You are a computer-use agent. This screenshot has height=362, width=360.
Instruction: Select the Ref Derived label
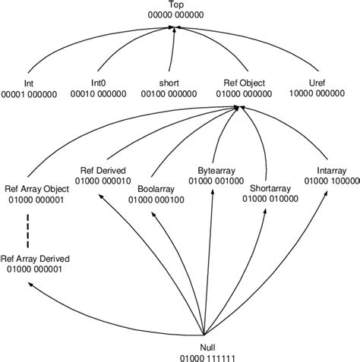[x=103, y=171]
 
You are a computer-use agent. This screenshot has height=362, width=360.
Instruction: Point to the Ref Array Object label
[x=36, y=190]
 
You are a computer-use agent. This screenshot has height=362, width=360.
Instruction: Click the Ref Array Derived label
[x=38, y=259]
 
